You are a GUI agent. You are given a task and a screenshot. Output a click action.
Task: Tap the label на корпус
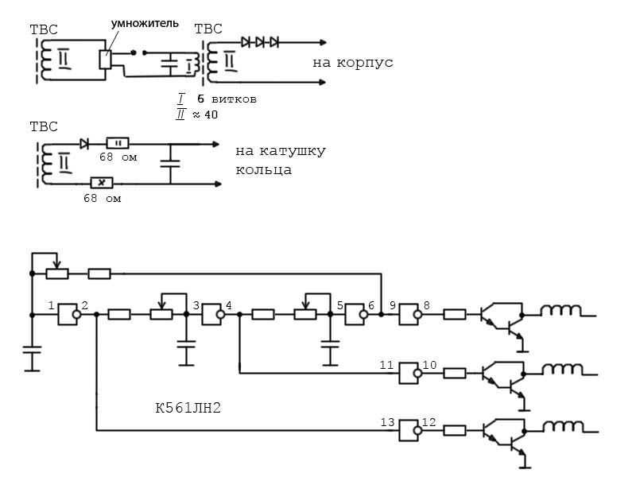pyautogui.click(x=353, y=62)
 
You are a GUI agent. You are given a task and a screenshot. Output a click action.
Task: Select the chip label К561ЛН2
pyautogui.click(x=188, y=409)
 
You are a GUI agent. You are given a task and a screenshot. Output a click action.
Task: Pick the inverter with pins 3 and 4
pyautogui.click(x=212, y=314)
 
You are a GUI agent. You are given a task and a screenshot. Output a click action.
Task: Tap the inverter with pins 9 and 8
pyautogui.click(x=409, y=314)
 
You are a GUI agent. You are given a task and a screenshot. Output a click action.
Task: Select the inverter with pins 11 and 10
pyautogui.click(x=409, y=372)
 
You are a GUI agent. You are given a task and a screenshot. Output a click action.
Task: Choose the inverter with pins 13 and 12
pyautogui.click(x=409, y=430)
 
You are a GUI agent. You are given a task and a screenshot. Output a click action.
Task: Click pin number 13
pyautogui.click(x=386, y=422)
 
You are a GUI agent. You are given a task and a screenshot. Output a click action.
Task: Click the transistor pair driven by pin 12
pyautogui.click(x=503, y=435)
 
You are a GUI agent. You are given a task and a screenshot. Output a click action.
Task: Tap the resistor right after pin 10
pyautogui.click(x=455, y=372)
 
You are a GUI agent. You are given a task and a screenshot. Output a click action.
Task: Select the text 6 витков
pyautogui.click(x=227, y=99)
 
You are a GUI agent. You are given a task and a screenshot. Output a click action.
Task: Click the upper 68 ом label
pyautogui.click(x=118, y=157)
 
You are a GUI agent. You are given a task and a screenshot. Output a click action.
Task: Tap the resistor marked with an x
pyautogui.click(x=102, y=184)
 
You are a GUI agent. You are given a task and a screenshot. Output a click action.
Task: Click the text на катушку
pyautogui.click(x=281, y=150)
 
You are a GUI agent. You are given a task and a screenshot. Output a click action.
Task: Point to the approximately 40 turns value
pyautogui.click(x=205, y=115)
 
